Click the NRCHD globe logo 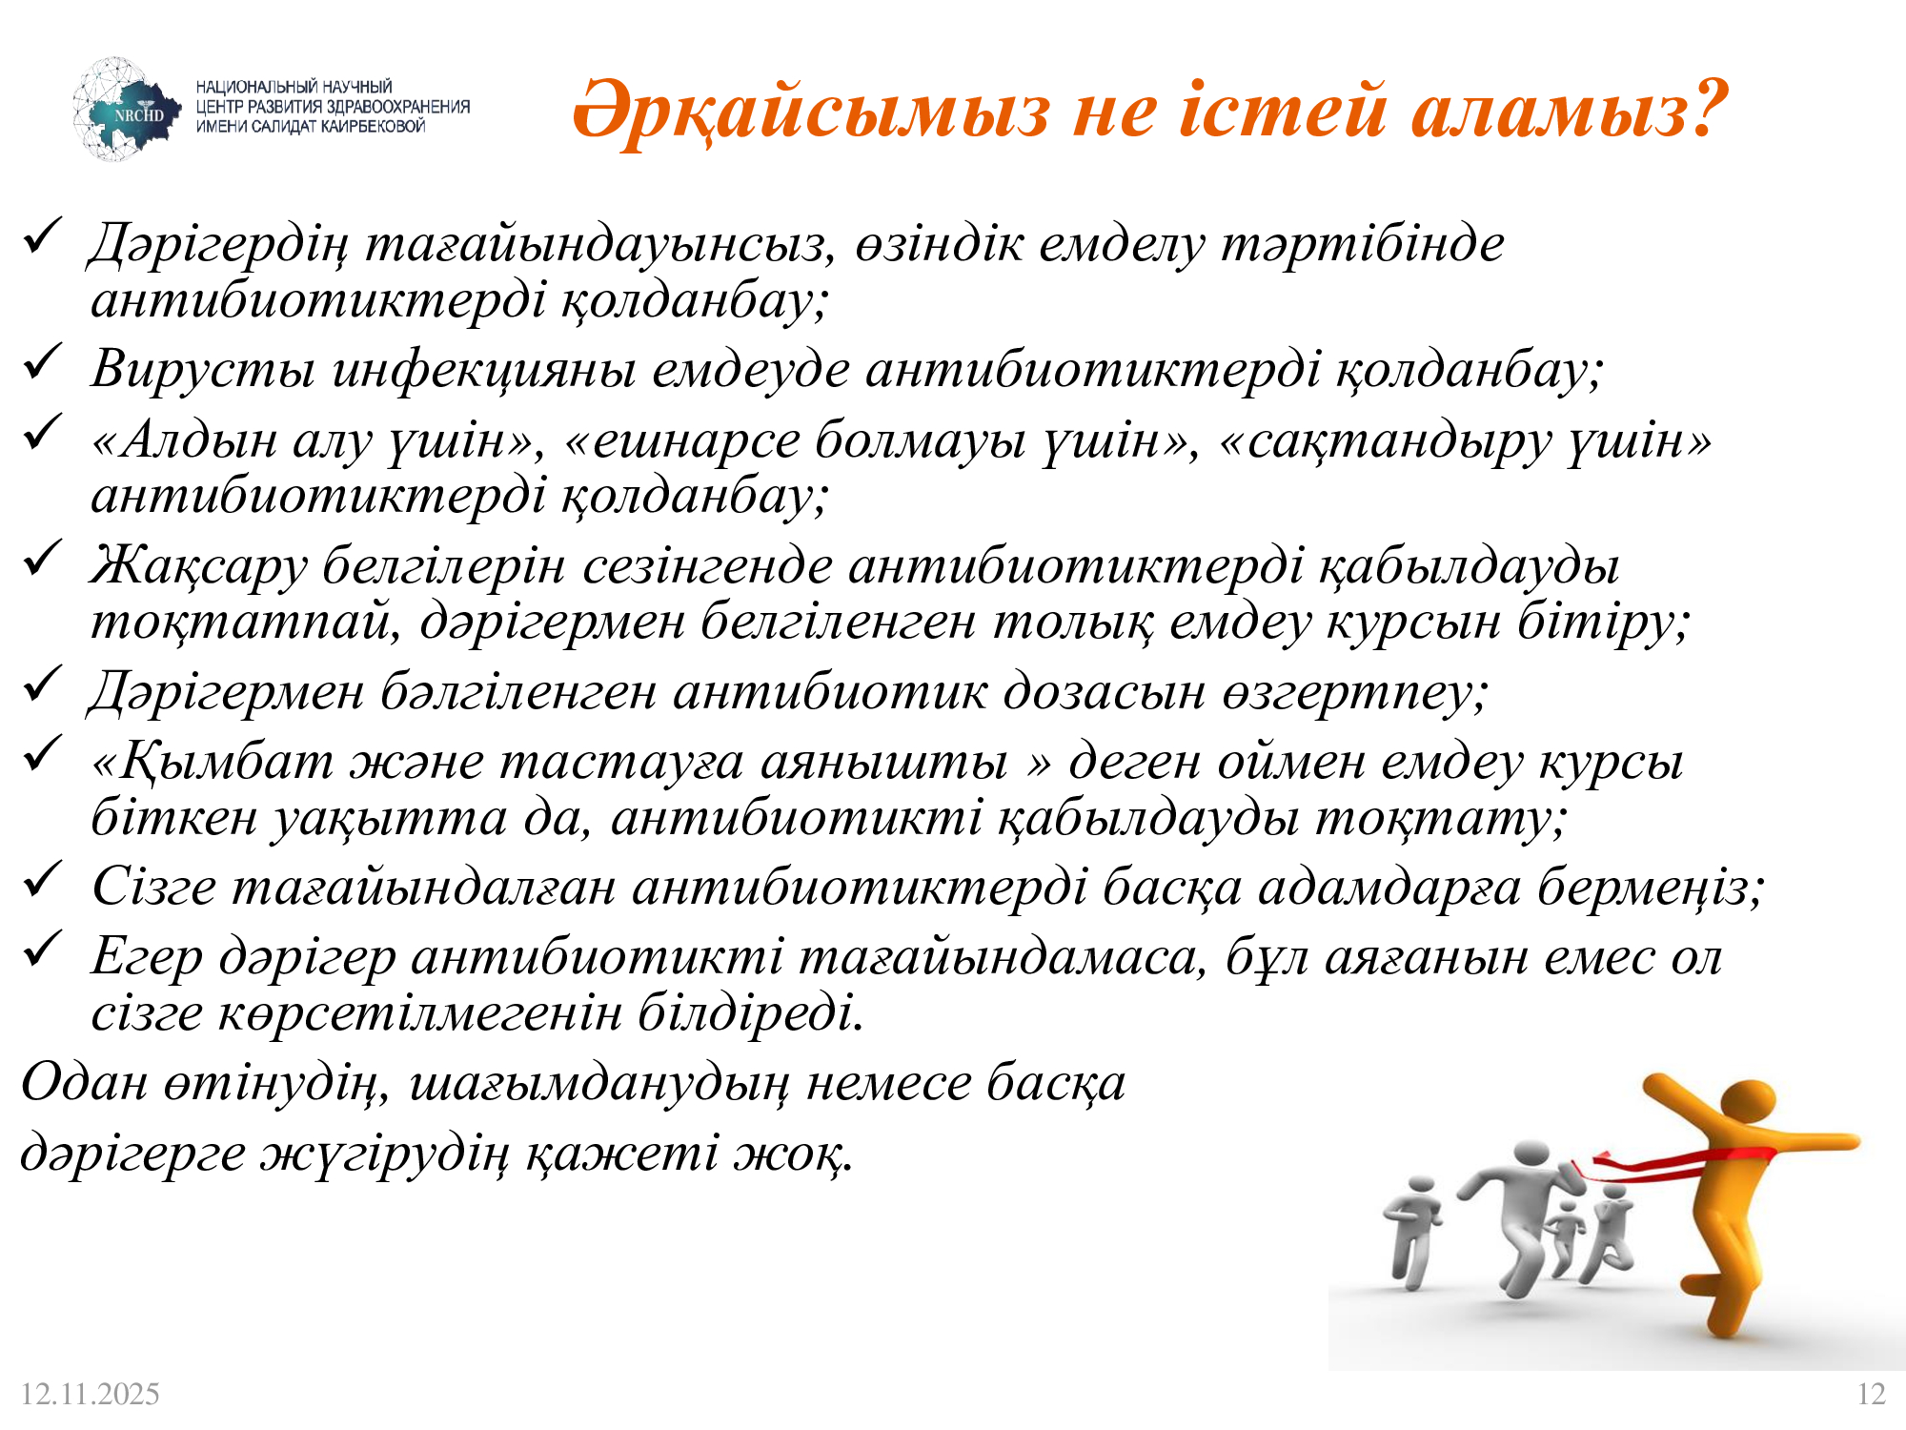point(126,110)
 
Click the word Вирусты point(202,370)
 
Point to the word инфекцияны point(483,370)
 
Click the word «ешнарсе point(682,440)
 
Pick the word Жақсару point(198,566)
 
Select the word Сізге point(154,888)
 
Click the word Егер point(147,957)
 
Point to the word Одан point(84,1083)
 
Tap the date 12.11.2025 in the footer point(90,1394)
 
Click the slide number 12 point(1871,1394)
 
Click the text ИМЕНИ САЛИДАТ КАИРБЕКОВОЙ point(311,127)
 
